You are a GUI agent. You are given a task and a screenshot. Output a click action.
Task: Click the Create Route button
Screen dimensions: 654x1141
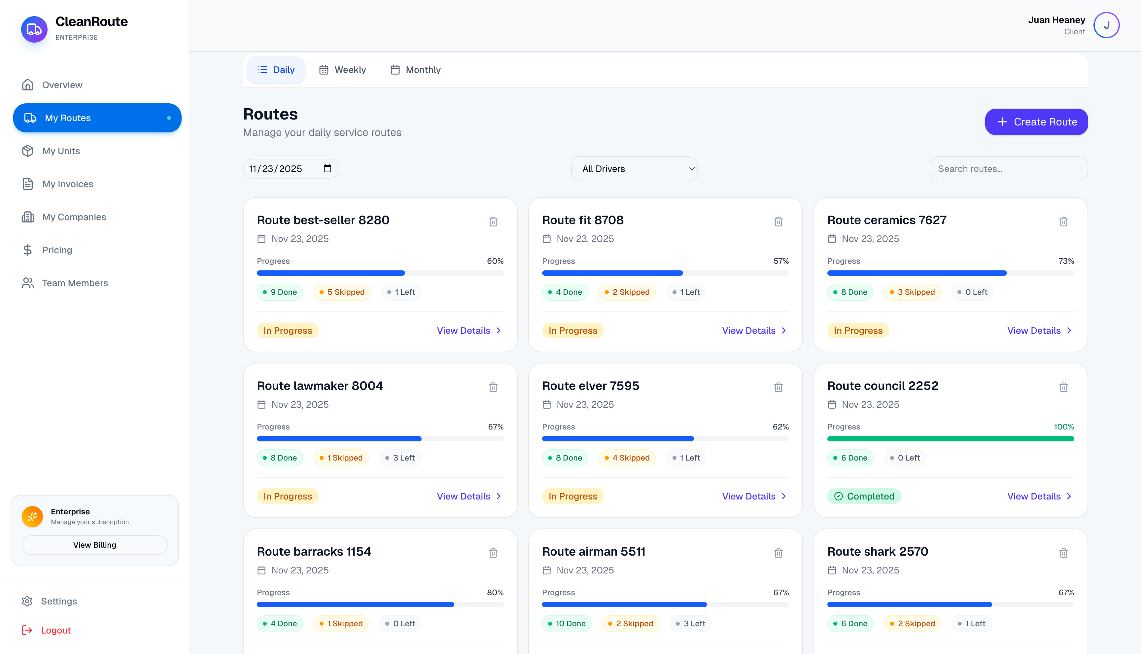click(x=1036, y=122)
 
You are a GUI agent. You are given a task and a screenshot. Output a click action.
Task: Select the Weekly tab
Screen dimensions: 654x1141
click(x=343, y=70)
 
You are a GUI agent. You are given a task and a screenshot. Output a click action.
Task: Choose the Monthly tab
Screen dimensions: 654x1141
click(x=416, y=70)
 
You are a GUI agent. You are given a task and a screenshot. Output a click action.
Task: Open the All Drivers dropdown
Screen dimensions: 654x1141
click(x=634, y=169)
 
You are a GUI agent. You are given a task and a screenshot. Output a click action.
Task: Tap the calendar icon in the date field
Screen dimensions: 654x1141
click(x=328, y=168)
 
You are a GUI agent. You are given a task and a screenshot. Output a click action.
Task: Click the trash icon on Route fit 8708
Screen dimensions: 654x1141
click(x=778, y=222)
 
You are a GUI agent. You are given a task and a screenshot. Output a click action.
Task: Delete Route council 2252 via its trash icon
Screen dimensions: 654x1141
click(x=1063, y=387)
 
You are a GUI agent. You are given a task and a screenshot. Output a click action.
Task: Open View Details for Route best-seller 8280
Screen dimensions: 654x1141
click(x=468, y=330)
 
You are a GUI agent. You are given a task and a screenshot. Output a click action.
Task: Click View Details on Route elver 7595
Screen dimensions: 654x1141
click(x=754, y=496)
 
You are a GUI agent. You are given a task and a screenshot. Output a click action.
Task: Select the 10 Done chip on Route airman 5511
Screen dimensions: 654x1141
click(x=567, y=623)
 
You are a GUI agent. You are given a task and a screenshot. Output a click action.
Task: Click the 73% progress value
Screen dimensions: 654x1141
click(x=1066, y=261)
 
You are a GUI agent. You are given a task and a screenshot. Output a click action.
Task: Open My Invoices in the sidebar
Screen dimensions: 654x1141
click(x=67, y=184)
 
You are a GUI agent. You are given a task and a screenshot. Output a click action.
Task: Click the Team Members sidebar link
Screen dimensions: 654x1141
click(x=75, y=283)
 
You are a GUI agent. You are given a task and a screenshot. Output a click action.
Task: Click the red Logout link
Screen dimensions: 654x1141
click(x=56, y=630)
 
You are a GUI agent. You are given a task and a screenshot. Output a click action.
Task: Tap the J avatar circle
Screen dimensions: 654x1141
click(x=1106, y=25)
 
